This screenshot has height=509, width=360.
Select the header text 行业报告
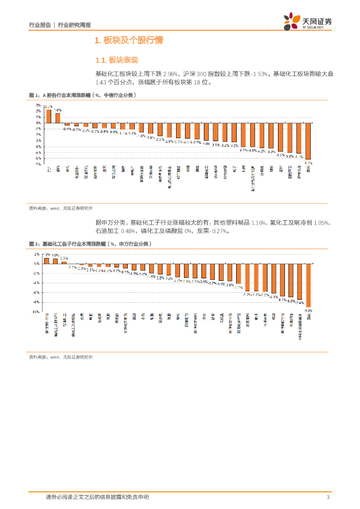40,25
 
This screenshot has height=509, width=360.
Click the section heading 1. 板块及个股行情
129,40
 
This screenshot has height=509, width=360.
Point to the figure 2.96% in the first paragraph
170,74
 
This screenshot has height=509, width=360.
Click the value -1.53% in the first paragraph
261,74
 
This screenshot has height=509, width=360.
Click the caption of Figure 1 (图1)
83,94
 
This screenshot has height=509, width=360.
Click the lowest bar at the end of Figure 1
308,141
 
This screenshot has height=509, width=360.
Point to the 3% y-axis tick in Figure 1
38,105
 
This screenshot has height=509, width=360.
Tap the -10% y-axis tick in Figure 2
36,312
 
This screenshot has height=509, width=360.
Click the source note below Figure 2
61,357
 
